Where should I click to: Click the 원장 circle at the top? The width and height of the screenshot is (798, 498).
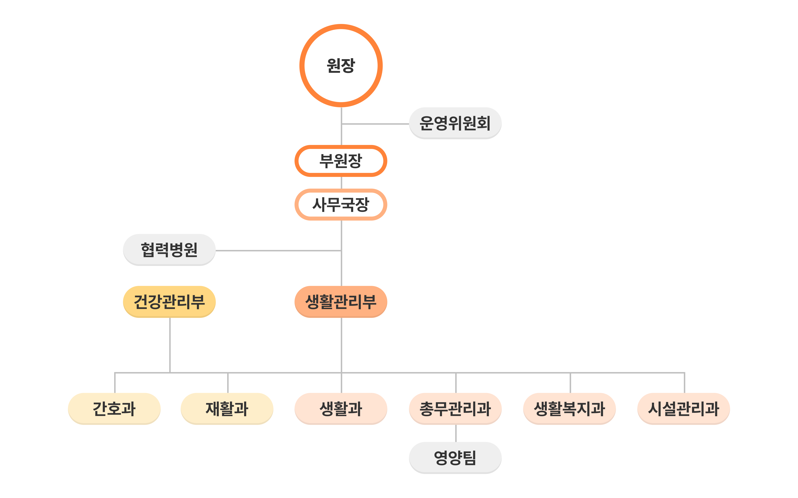click(x=341, y=66)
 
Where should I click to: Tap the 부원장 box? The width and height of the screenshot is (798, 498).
click(x=341, y=161)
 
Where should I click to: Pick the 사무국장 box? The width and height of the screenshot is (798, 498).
click(x=341, y=204)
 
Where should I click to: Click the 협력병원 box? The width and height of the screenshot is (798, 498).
click(x=169, y=250)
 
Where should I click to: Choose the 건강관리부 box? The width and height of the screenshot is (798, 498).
click(x=169, y=302)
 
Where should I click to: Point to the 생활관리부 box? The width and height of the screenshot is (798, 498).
click(x=341, y=302)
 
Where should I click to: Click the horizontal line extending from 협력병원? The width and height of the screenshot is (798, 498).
click(x=278, y=251)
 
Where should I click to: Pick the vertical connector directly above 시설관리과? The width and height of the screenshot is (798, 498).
click(x=684, y=383)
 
